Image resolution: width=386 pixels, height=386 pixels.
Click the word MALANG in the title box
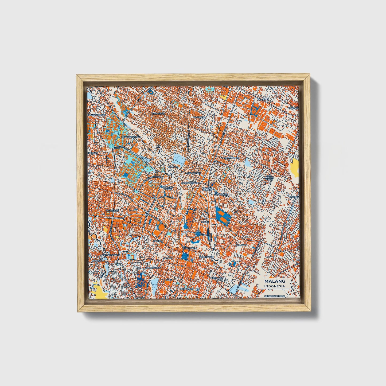[x=275, y=281]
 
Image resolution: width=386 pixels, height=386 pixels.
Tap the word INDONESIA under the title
[x=275, y=286]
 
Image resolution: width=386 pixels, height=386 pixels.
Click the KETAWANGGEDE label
[x=97, y=115]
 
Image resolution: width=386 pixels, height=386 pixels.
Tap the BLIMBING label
[x=262, y=99]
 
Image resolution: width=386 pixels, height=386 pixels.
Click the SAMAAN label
[x=173, y=166]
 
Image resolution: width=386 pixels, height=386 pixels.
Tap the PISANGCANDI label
[x=113, y=255]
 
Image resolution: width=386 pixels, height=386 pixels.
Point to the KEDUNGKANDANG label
[x=274, y=296]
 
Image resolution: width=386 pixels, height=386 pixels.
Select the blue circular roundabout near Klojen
[x=198, y=234]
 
